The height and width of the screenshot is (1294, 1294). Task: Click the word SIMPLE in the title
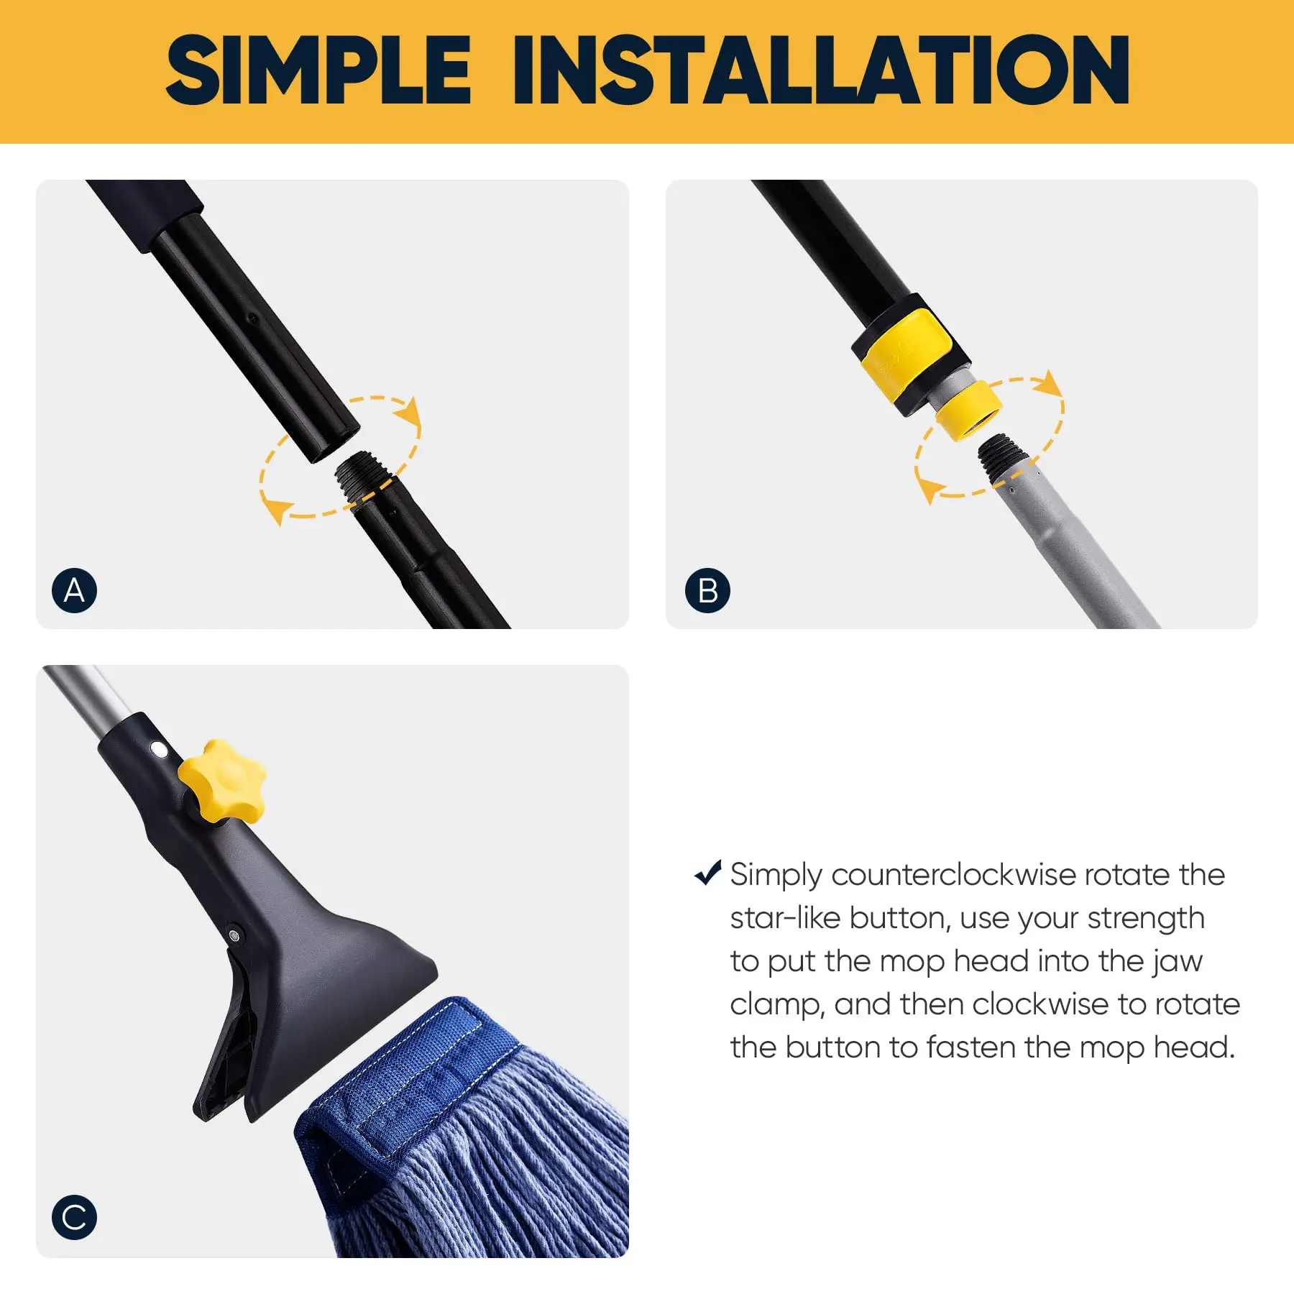coord(318,70)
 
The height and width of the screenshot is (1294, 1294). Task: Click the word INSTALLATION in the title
coord(820,70)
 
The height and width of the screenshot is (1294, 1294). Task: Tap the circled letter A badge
coord(74,590)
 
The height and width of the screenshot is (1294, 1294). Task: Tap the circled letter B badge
coord(707,590)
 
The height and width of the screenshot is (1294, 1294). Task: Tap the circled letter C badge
coord(74,1217)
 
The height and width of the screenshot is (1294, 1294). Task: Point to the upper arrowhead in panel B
coord(1050,383)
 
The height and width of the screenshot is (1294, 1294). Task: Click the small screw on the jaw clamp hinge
coord(234,935)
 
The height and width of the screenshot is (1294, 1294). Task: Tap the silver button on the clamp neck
coord(159,751)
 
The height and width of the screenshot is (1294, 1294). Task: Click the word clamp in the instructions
coord(776,1005)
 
